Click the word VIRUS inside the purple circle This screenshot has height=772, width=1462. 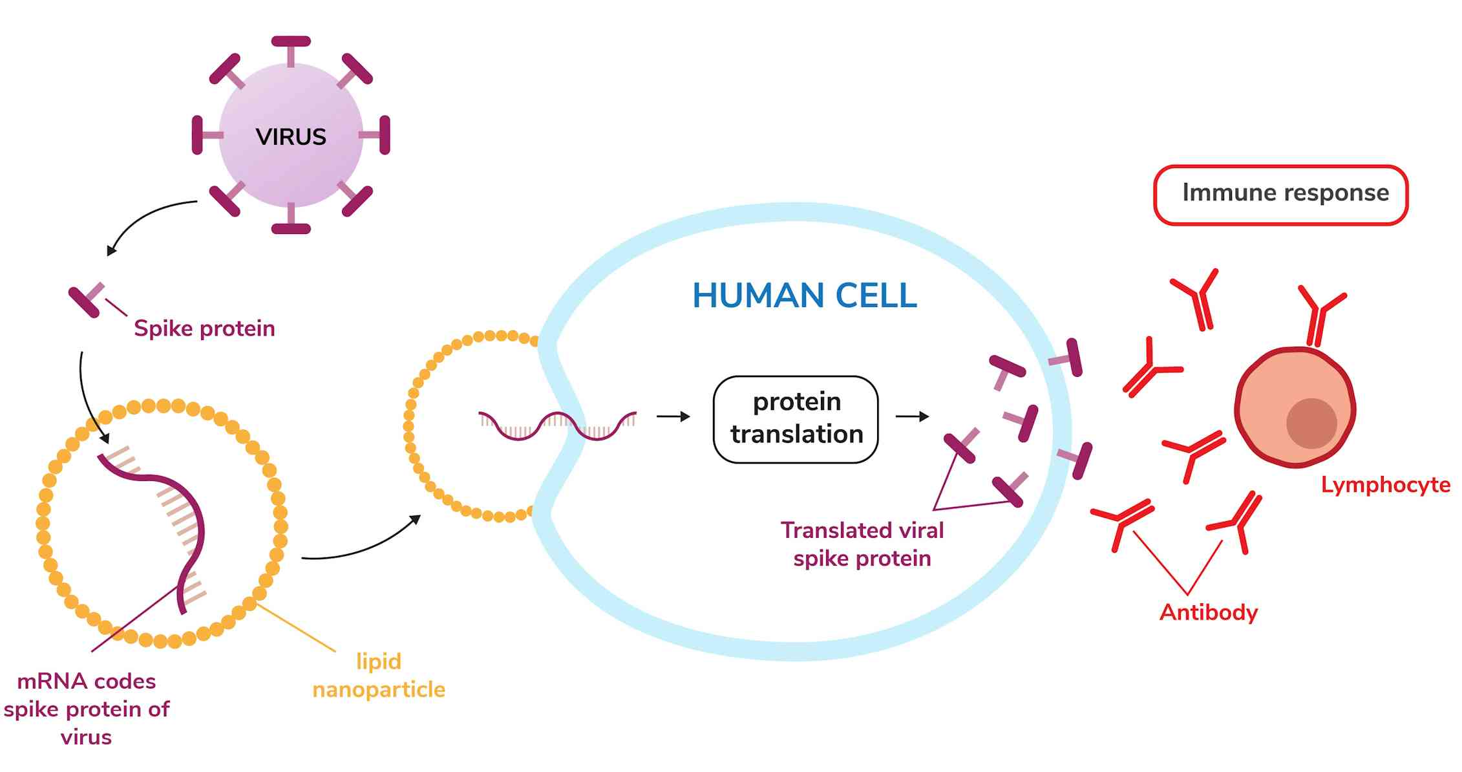tap(291, 137)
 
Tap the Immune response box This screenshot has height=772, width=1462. tap(1280, 194)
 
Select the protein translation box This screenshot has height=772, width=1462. tap(796, 419)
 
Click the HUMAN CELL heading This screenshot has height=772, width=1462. tap(804, 296)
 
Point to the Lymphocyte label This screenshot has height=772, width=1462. tap(1385, 485)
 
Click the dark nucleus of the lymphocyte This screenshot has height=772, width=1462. tap(1311, 424)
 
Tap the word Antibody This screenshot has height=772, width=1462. tap(1209, 612)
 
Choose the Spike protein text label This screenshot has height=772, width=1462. tap(204, 328)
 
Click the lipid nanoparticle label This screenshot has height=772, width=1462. tap(379, 675)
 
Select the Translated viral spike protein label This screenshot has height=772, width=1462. tap(862, 544)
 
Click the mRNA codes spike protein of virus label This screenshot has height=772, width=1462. tap(87, 709)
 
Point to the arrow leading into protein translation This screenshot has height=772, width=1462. tap(673, 417)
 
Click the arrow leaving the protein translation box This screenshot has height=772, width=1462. tap(912, 417)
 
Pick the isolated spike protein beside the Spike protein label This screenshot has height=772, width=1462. tap(86, 300)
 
